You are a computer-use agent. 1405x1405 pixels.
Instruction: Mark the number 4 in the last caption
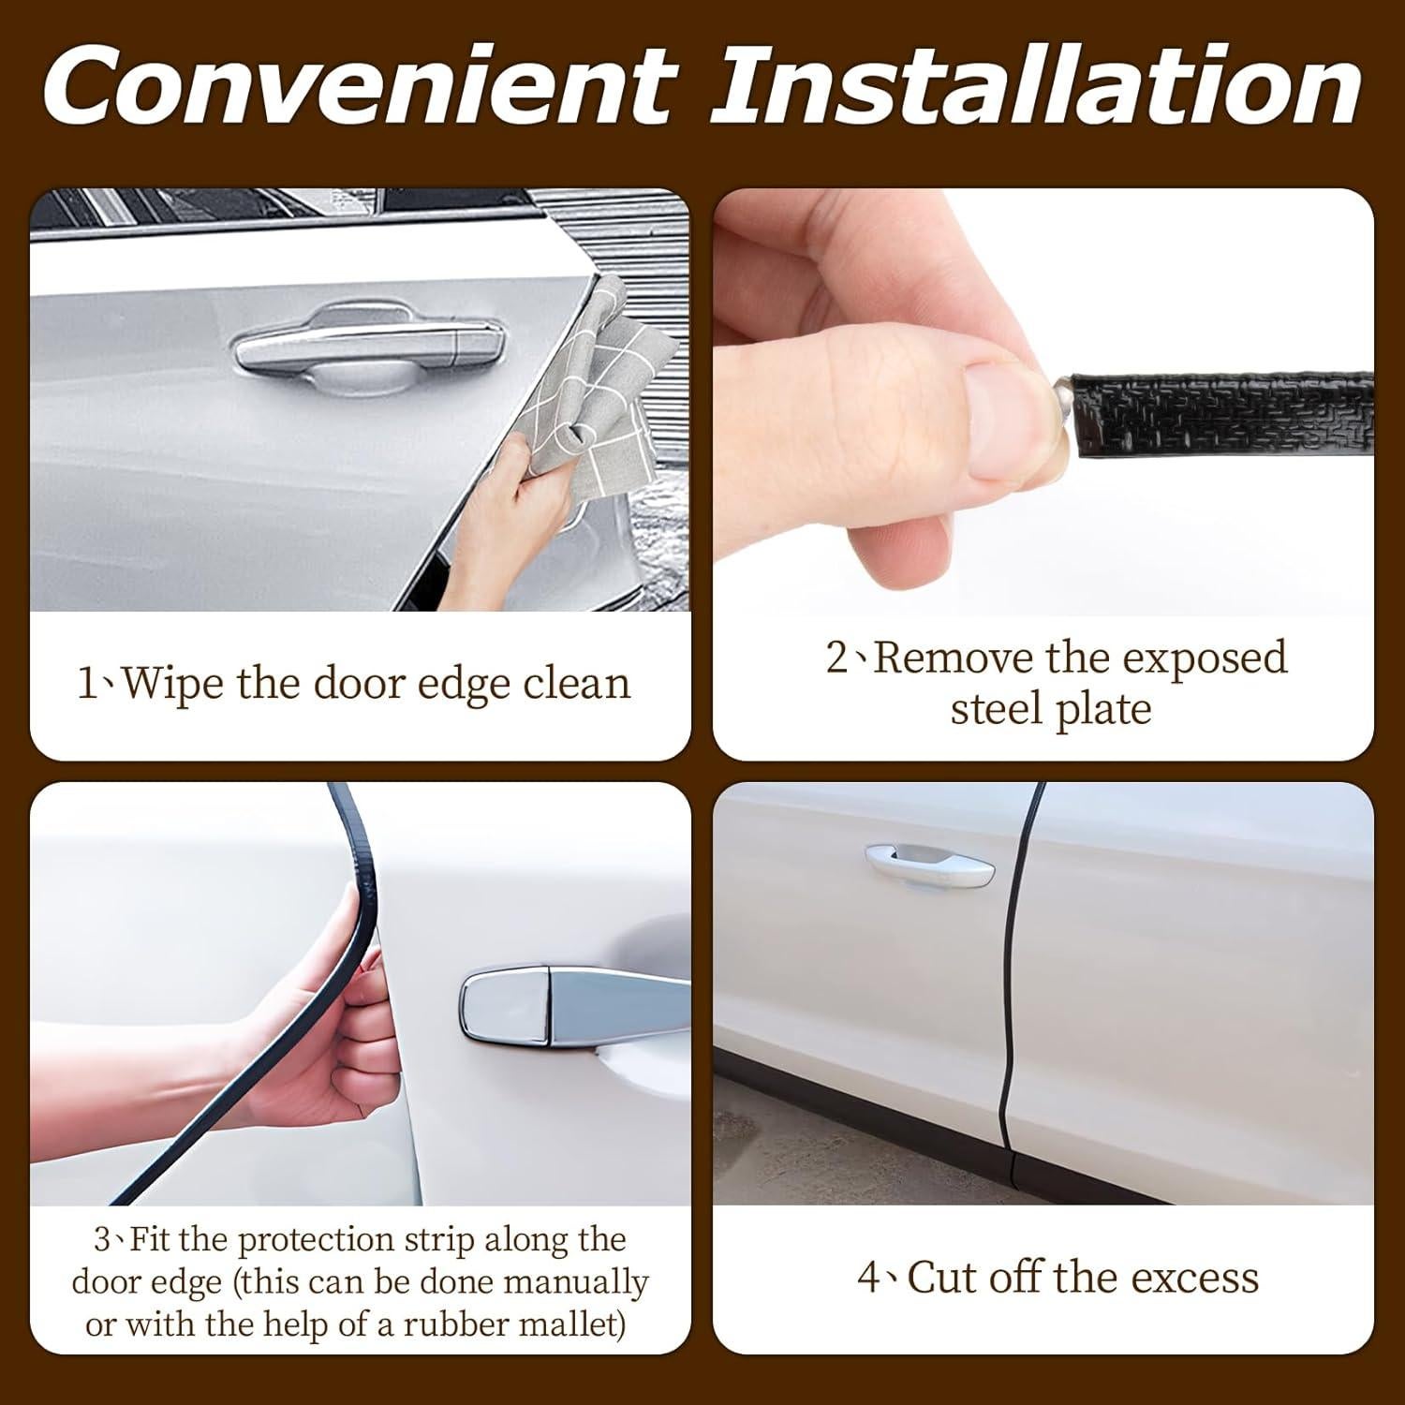(x=867, y=1278)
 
